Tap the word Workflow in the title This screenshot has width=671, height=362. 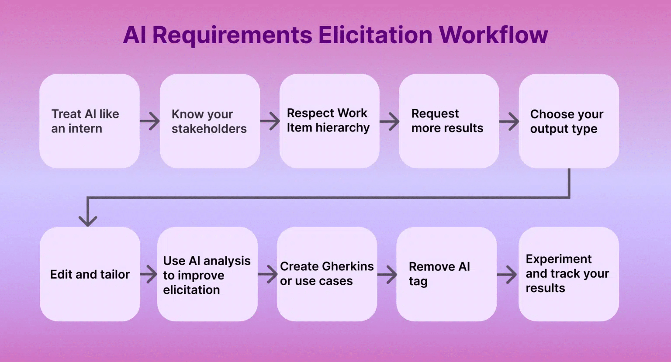(493, 35)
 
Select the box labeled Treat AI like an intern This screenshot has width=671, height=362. (90, 121)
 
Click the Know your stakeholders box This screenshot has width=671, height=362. (210, 121)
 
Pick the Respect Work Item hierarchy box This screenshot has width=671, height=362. (329, 121)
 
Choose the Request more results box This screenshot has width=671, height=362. (449, 121)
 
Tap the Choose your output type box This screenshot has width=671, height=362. (568, 121)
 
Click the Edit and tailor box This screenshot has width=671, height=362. (90, 274)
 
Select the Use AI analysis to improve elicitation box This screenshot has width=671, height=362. (207, 274)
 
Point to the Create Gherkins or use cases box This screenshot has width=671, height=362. (327, 274)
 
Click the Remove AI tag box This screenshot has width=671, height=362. (446, 274)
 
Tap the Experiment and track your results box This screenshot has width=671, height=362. (568, 274)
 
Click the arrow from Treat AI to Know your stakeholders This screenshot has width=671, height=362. (150, 121)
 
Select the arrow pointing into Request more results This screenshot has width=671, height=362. (389, 121)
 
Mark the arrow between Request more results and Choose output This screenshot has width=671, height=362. (509, 121)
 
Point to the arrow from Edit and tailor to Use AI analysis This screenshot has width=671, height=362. (149, 275)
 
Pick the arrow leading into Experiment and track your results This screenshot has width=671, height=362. (507, 275)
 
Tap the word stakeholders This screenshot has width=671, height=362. (209, 129)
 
